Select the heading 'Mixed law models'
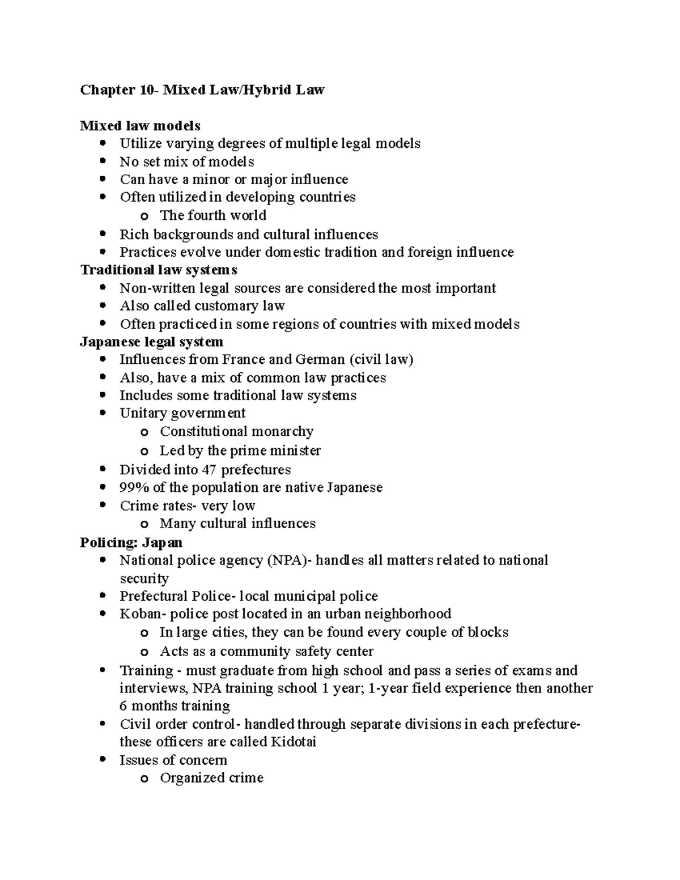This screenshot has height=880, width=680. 140,125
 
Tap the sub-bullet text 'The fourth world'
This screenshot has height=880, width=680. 212,215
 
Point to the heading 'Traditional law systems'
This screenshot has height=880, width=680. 158,270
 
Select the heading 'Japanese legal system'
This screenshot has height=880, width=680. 151,342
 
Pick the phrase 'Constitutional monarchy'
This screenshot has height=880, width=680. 236,432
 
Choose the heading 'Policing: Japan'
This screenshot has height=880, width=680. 131,542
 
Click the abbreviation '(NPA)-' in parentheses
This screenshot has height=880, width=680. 288,560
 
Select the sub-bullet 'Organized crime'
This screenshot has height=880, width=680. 211,778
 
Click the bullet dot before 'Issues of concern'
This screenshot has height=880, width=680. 102,760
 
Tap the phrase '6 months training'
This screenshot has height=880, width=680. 175,706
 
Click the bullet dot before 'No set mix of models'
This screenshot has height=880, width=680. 102,161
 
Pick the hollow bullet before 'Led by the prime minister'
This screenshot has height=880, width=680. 144,452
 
